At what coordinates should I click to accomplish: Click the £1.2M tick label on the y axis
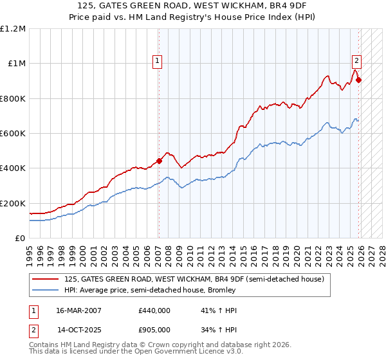pyautogui.click(x=13, y=29)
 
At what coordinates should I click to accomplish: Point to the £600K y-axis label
pyautogui.click(x=13, y=134)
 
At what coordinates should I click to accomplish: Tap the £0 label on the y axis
pyautogui.click(x=19, y=239)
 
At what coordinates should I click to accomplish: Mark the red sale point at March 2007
pyautogui.click(x=159, y=161)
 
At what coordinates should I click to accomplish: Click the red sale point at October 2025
pyautogui.click(x=359, y=80)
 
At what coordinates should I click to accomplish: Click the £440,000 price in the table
pyautogui.click(x=154, y=310)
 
